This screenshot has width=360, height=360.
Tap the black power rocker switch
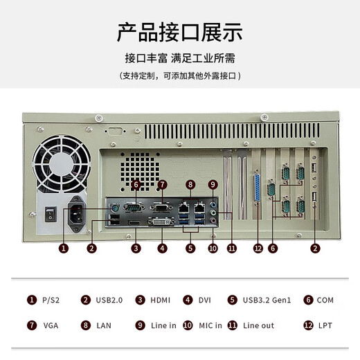pos(48,214)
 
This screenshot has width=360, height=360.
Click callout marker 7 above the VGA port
pos(162,185)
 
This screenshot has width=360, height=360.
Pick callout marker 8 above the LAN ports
pos(190,185)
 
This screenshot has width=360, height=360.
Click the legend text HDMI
pos(161,300)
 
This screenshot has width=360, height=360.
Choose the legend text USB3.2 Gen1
pos(267,300)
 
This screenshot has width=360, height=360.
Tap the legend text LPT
pos(325,325)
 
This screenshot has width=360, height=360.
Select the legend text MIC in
pos(210,325)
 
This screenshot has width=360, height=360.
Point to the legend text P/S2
pos(51,300)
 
